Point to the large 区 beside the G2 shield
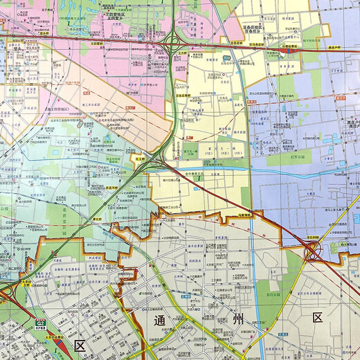pyautogui.click(x=79, y=345)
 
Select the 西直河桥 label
pyautogui.click(x=113, y=187)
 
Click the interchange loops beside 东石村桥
pyautogui.click(x=313, y=253)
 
